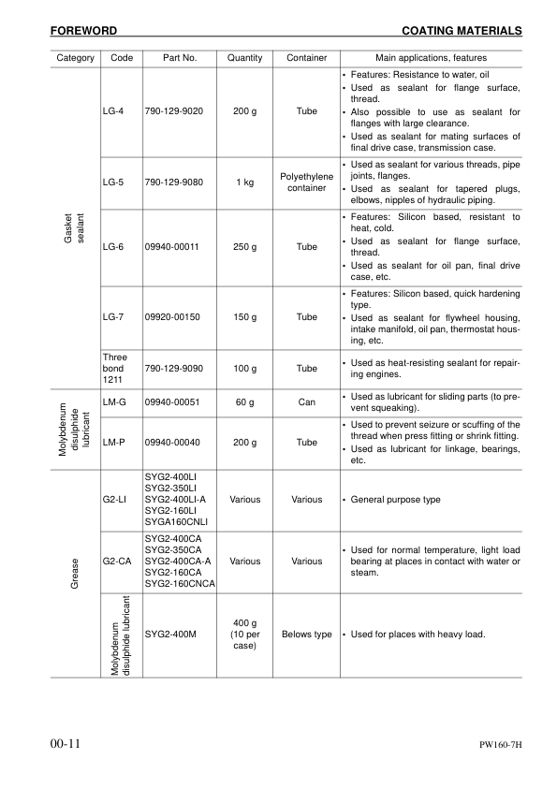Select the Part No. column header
179,58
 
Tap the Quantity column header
244,58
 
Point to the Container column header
307,58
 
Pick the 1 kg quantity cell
244,182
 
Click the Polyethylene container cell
307,182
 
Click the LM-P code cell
114,441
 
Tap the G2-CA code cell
116,562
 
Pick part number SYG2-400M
175,635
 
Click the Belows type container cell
307,635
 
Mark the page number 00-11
66,744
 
